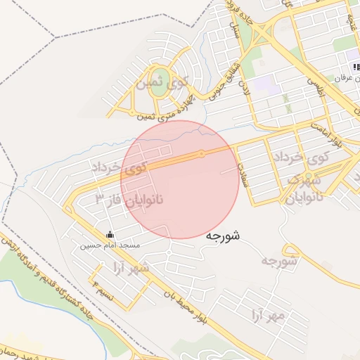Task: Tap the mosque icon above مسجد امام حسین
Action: point(110,235)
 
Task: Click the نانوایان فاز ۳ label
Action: point(129,200)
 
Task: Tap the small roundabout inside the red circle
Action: point(201,153)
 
